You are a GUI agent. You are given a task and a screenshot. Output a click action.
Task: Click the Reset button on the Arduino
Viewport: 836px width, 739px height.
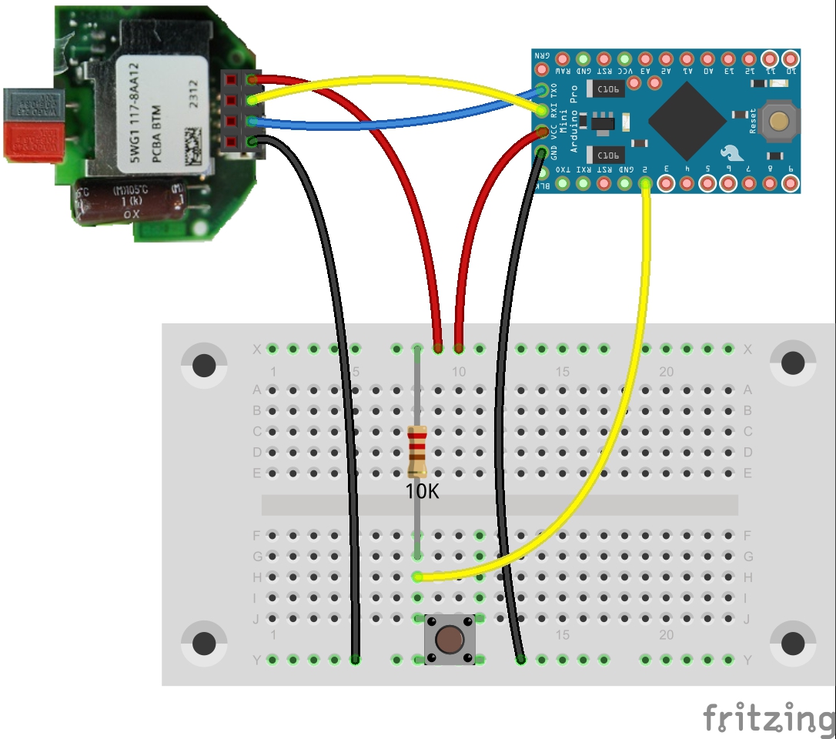point(779,120)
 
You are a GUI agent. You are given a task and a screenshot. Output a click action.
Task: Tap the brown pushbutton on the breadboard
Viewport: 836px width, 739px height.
point(449,639)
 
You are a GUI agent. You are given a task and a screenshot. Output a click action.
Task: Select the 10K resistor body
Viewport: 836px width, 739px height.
point(416,450)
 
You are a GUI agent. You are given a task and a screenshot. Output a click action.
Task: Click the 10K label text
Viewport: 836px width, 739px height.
point(423,491)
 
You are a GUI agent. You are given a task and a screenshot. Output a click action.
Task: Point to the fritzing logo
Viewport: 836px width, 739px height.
point(768,717)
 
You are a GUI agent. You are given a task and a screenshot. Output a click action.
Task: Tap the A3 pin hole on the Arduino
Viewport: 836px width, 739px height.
point(645,59)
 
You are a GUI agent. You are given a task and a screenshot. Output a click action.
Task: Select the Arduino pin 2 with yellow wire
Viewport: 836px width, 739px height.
point(645,183)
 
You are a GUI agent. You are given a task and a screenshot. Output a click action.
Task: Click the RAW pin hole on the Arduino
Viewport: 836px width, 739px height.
point(562,59)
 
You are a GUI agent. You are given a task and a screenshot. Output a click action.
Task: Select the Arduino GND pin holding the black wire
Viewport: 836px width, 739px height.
point(542,152)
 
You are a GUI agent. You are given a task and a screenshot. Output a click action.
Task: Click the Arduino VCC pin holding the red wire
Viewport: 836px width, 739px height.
point(542,131)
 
